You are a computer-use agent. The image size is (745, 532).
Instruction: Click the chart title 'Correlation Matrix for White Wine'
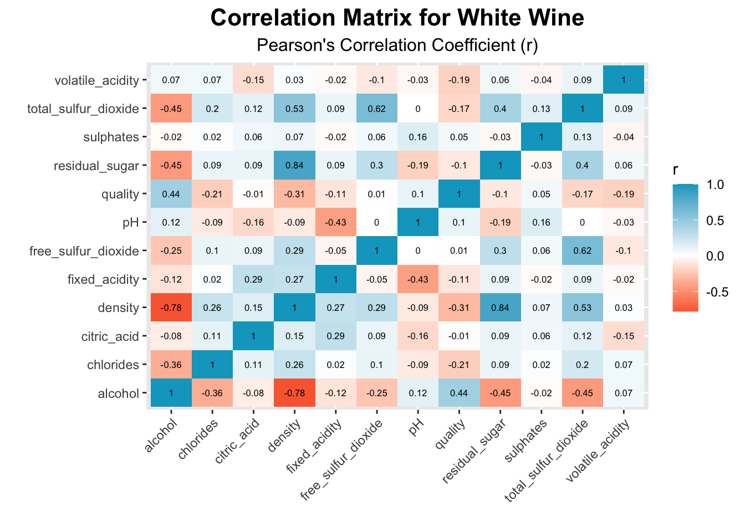(x=397, y=18)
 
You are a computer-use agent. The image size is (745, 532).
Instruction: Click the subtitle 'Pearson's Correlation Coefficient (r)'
(x=397, y=45)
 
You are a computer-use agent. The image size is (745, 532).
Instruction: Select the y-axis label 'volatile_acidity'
(x=97, y=80)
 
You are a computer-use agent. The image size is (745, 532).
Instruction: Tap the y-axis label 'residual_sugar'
(x=96, y=166)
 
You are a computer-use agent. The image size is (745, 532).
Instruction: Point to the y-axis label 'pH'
(x=130, y=223)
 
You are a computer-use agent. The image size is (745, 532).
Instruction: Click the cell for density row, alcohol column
(x=171, y=308)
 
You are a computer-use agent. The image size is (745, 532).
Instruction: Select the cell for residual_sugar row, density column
(x=294, y=166)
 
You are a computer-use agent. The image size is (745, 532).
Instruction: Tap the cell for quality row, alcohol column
(x=171, y=194)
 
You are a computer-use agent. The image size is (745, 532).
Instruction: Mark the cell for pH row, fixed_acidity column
(x=335, y=223)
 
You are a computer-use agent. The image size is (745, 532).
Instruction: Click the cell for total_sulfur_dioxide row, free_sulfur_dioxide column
(x=376, y=109)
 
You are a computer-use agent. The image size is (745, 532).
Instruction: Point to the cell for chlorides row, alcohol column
(x=171, y=365)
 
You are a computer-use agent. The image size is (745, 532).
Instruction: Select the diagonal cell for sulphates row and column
(x=541, y=137)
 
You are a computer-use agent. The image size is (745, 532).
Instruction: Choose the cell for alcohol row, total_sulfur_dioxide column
(x=582, y=393)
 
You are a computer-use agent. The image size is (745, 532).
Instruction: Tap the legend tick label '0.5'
(x=716, y=221)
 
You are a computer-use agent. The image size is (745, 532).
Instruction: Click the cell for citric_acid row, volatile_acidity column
(x=623, y=336)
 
